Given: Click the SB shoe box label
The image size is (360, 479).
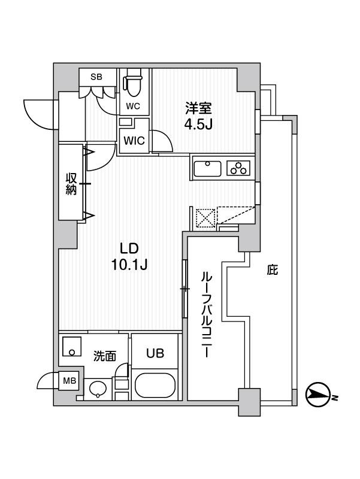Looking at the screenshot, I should [96, 77].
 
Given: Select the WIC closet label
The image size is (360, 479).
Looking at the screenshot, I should [133, 141].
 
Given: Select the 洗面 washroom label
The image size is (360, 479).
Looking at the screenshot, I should [104, 356].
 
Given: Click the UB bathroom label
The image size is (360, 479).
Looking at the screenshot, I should [154, 354].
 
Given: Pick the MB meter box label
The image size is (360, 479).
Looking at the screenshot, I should [69, 380].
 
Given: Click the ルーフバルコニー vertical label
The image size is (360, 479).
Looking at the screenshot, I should [204, 314].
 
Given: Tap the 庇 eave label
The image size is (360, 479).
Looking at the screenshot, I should [272, 271].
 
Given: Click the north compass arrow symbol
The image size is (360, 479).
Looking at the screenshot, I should [318, 394].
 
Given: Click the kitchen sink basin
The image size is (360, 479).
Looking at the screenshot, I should [208, 168].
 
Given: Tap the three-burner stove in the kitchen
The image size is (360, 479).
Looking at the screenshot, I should [238, 168].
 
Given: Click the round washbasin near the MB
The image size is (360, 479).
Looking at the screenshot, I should [98, 390].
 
